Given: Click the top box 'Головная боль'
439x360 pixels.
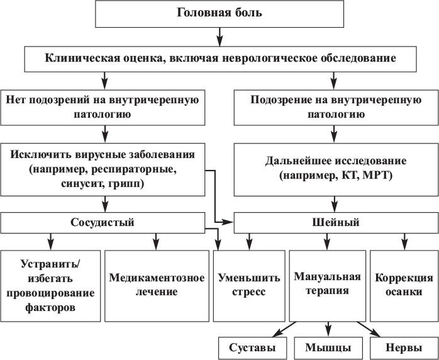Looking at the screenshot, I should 219,13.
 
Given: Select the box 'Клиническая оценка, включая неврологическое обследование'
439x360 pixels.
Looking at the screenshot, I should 219,59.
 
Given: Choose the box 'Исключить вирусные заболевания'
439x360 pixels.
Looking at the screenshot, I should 103,169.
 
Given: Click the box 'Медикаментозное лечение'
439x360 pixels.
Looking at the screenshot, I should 156,284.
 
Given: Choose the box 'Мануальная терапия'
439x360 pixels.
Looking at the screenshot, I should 326,284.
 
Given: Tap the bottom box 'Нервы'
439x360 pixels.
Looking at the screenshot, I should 400,347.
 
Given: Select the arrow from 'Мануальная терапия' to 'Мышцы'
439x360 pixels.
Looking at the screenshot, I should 327,327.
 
